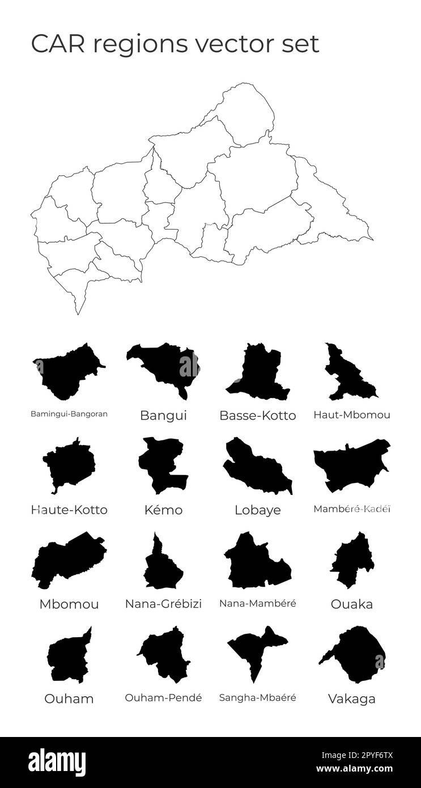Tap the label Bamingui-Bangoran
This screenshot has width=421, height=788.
click(x=69, y=414)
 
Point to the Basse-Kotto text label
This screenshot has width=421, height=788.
click(x=257, y=416)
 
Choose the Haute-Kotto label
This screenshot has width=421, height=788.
click(x=69, y=510)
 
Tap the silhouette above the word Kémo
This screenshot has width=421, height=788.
click(x=161, y=465)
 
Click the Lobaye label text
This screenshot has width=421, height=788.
click(x=257, y=510)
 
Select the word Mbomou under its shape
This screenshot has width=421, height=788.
click(x=69, y=604)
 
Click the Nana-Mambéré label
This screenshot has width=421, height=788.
click(x=257, y=603)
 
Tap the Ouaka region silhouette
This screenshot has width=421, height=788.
click(x=352, y=561)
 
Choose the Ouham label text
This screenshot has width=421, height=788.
click(x=69, y=698)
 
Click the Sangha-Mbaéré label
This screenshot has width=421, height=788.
click(x=257, y=697)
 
